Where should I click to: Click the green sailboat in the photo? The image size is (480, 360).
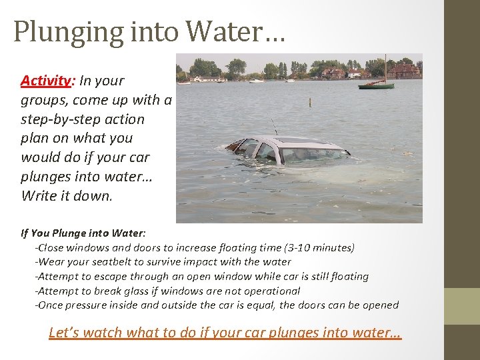pyautogui.click(x=376, y=85)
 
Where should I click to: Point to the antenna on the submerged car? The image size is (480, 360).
pyautogui.click(x=273, y=126)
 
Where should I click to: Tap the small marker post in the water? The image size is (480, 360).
pyautogui.click(x=309, y=102)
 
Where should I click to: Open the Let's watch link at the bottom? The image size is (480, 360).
pyautogui.click(x=225, y=333)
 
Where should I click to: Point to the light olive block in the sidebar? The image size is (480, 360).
pyautogui.click(x=462, y=306)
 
